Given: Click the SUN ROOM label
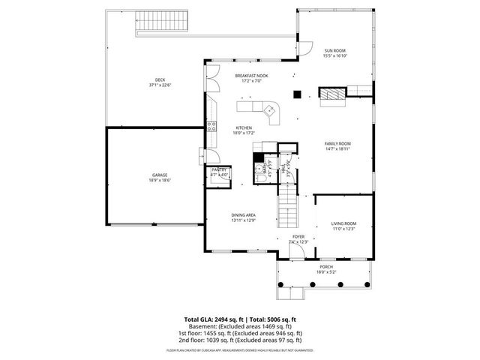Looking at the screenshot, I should click(334, 50).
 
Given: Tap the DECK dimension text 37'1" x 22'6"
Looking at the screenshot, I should click(160, 85).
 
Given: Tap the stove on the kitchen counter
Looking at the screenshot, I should click(211, 125).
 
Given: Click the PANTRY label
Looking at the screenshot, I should click(219, 170).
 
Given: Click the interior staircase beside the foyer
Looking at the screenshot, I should click(289, 208).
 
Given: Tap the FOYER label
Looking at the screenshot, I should click(298, 237).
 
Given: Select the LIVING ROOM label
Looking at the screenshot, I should click(343, 223).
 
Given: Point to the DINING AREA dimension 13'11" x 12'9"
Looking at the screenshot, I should click(244, 220).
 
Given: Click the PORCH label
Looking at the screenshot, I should click(326, 266).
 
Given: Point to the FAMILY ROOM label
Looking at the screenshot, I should click(337, 143).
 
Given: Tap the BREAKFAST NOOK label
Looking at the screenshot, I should click(250, 76).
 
